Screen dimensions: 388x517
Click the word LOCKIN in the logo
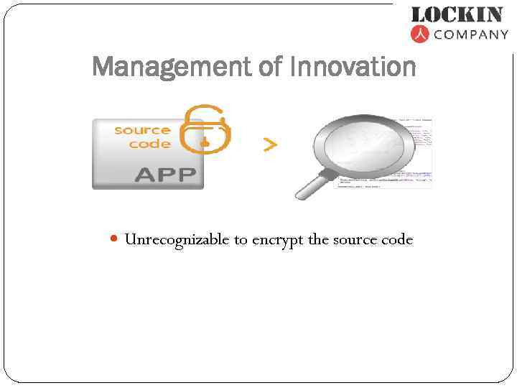pos(456,14)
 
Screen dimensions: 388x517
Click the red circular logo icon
pos(420,34)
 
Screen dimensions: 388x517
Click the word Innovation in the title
pos(353,68)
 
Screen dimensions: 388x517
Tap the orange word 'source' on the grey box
pos(142,130)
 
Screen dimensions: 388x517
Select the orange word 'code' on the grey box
pos(149,144)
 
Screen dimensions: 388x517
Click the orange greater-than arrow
pos(270,145)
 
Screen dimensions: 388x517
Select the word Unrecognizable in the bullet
pos(177,239)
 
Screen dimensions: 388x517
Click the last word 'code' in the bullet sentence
pos(397,239)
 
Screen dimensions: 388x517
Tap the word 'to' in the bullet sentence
pos(241,240)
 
